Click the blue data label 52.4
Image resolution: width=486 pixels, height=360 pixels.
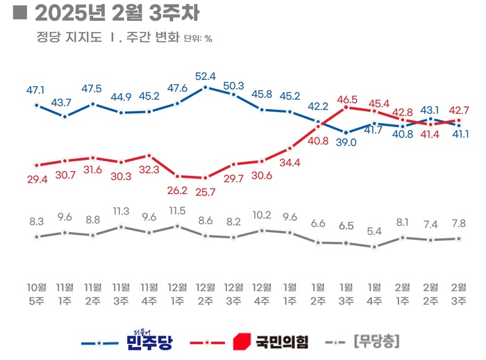pos(206,76)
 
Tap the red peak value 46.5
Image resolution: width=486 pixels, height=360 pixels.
pos(346,99)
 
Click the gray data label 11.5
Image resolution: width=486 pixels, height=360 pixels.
pos(177,211)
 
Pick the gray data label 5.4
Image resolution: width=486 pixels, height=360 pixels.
pos(374,231)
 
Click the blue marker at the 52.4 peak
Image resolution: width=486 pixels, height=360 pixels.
pos(206,88)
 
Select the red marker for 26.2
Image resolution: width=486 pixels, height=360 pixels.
pos(177,177)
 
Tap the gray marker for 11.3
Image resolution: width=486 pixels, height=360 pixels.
pos(121,227)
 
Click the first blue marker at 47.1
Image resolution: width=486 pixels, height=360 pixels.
pos(37,106)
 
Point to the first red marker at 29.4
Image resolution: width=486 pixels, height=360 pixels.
pos(37,165)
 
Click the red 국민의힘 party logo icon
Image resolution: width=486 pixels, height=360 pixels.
pos(241,342)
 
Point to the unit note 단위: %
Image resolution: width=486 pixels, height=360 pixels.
pos(199,39)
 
